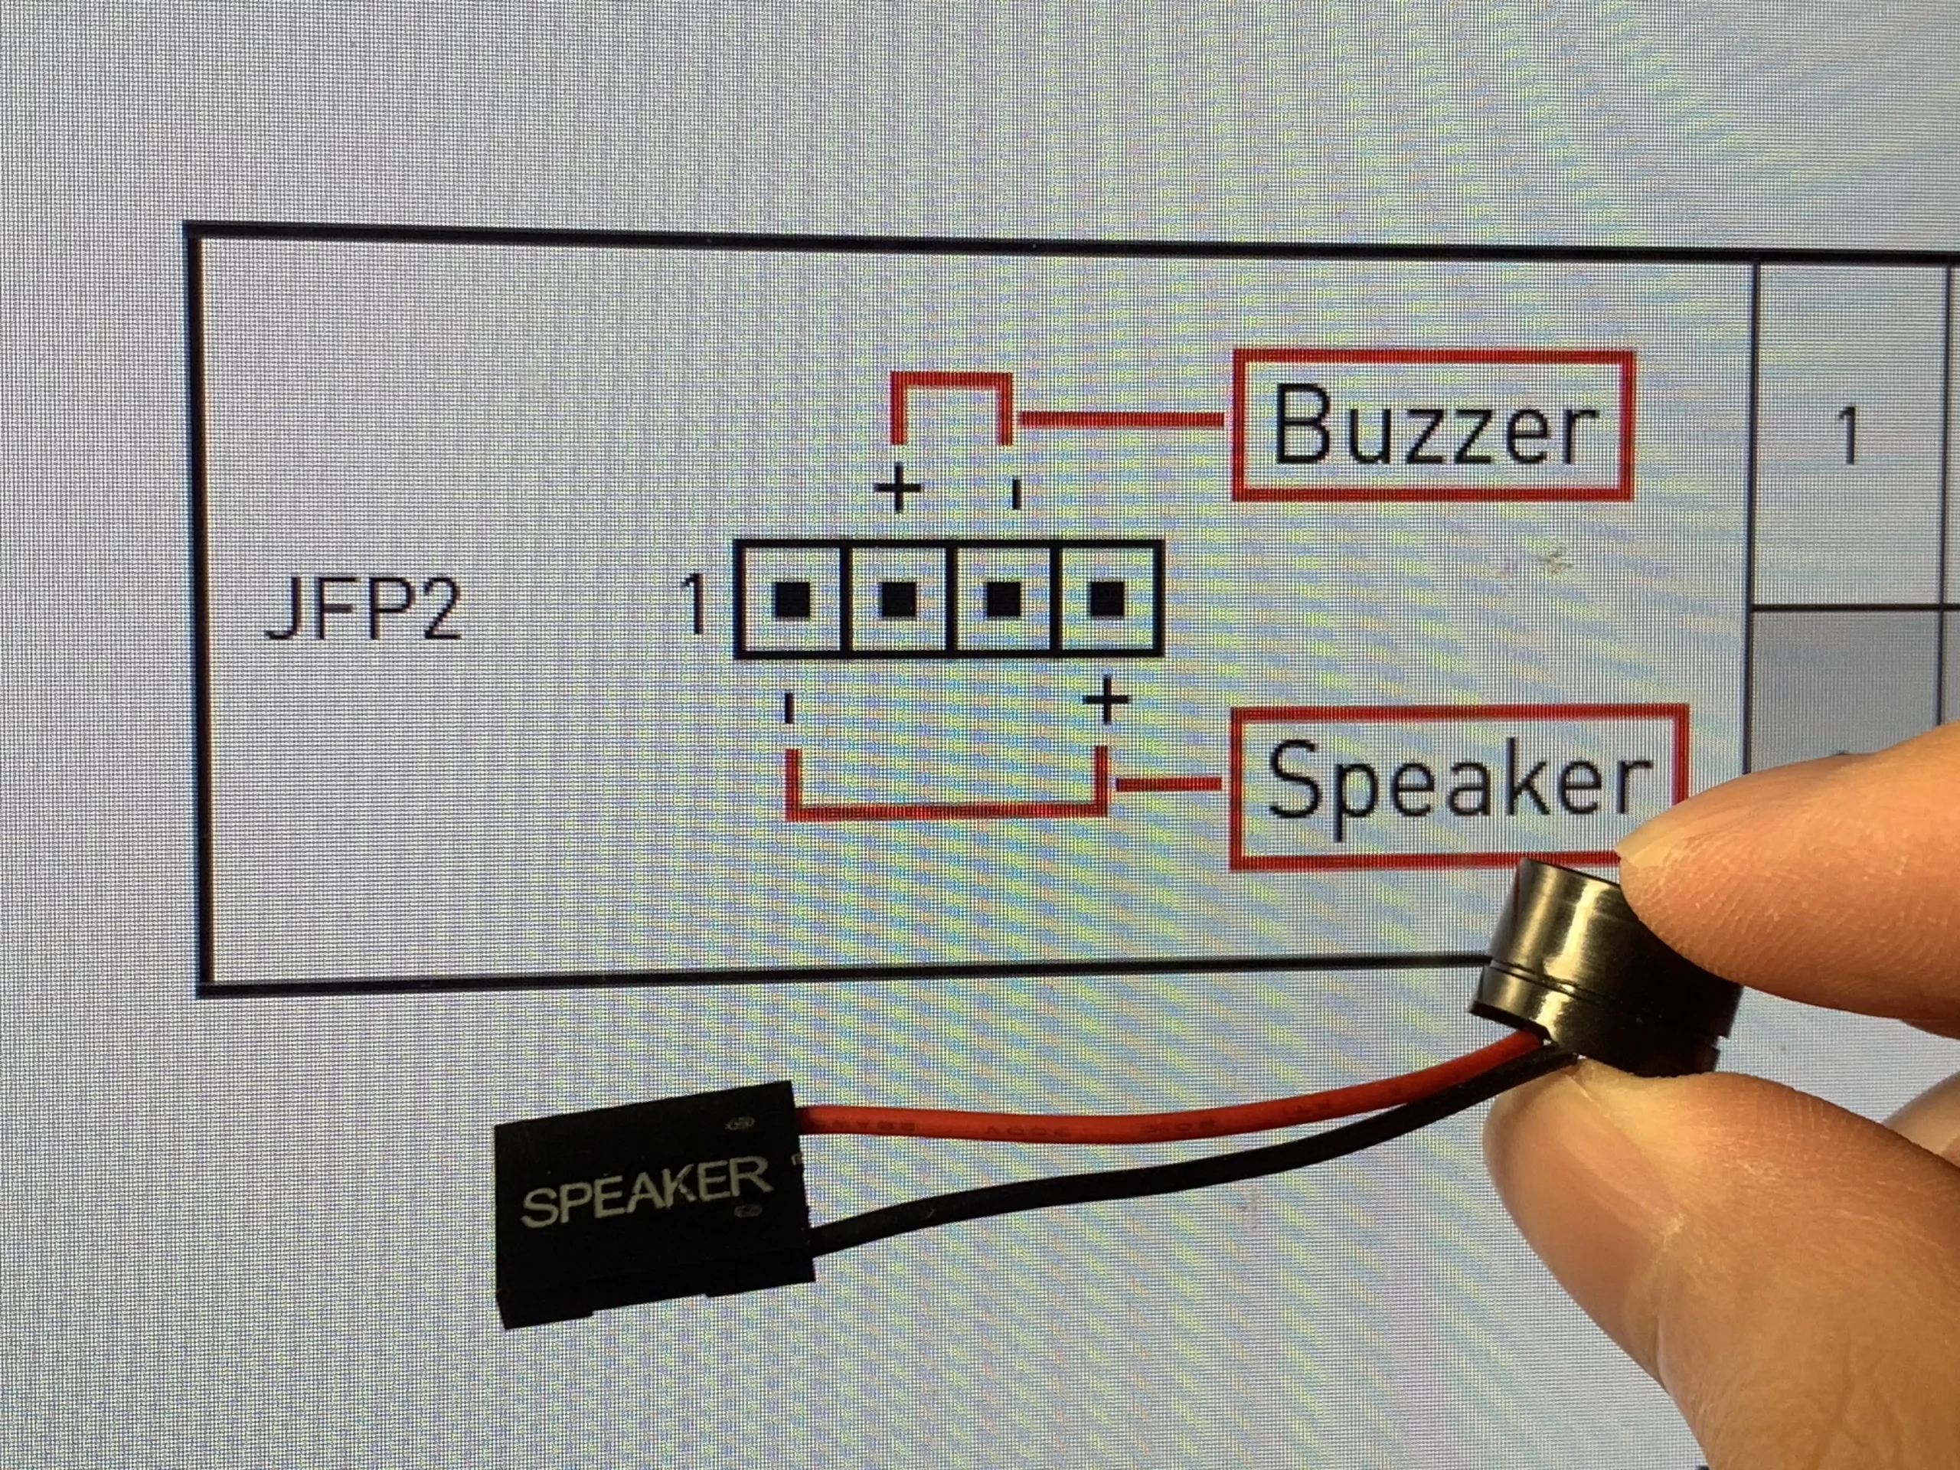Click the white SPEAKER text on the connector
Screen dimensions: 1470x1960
click(x=646, y=1188)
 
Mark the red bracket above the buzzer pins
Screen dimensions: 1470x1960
click(x=952, y=379)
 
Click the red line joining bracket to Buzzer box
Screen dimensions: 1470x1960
click(x=1122, y=420)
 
